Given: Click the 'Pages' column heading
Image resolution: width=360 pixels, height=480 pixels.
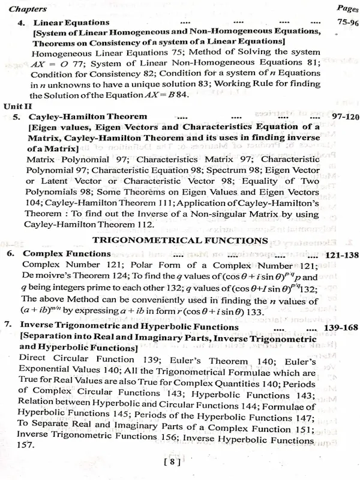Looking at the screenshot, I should click(x=344, y=9).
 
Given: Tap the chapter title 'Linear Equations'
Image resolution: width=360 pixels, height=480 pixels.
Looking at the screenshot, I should click(x=67, y=23).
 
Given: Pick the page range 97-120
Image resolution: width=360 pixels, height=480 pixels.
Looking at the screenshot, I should click(x=340, y=116).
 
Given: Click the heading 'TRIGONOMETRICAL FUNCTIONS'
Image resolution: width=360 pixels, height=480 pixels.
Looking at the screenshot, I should click(x=180, y=240).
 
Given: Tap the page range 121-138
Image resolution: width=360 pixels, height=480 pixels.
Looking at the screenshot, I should click(x=339, y=254).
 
